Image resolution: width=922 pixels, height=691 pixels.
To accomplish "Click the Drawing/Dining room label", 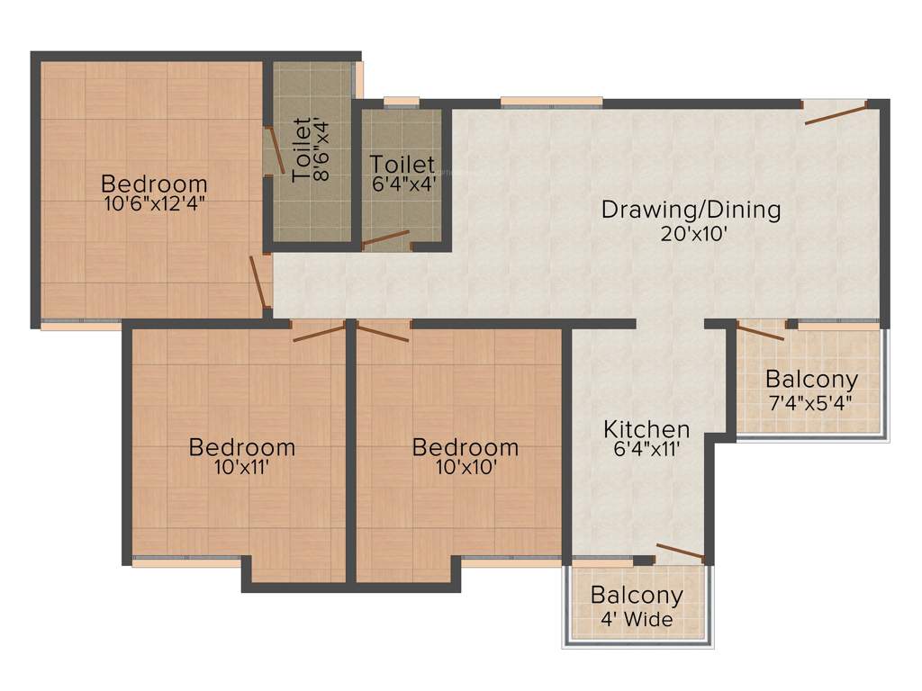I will (691, 211).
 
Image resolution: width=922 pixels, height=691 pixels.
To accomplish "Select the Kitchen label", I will (646, 429).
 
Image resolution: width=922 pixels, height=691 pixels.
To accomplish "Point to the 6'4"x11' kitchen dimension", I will (646, 449).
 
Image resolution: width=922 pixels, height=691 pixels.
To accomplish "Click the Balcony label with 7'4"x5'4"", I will (811, 379).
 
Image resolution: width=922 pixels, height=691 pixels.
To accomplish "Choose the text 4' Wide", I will (637, 619).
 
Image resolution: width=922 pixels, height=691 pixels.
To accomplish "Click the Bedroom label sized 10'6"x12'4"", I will (154, 183).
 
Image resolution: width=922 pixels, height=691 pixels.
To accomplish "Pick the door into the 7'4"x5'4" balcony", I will (761, 331).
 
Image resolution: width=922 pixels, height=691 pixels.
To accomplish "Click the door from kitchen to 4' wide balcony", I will (680, 552).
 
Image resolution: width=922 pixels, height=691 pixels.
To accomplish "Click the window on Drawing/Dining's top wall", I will (551, 102).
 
